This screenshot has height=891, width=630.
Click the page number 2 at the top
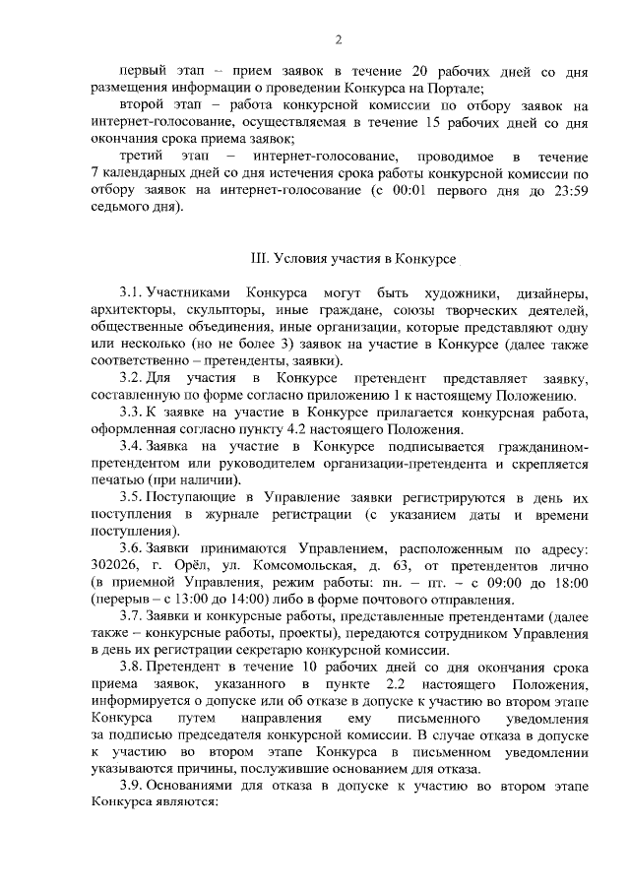pyautogui.click(x=338, y=40)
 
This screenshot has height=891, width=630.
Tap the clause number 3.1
pyautogui.click(x=131, y=293)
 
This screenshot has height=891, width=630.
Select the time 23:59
pyautogui.click(x=568, y=192)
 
